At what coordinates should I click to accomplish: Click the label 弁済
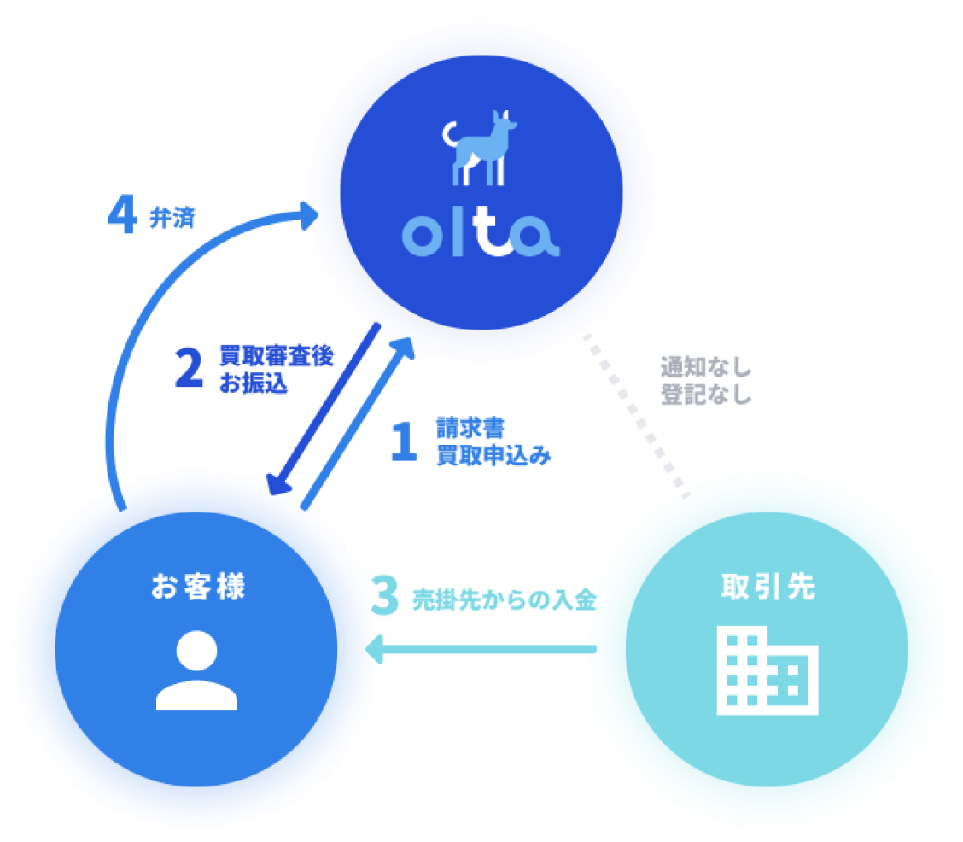[x=172, y=218]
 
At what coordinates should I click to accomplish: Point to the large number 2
[x=189, y=368]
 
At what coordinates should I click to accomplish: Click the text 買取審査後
[x=277, y=355]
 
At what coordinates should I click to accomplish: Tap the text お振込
[x=253, y=383]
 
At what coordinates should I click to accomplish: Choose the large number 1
[x=404, y=441]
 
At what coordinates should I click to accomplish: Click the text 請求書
[x=470, y=428]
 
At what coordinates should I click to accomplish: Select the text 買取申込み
[x=493, y=455]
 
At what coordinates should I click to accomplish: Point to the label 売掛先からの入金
[x=504, y=599]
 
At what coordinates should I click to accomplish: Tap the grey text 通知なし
[x=706, y=367]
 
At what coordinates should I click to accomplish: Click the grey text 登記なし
[x=706, y=395]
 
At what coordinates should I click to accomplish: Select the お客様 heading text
[x=198, y=586]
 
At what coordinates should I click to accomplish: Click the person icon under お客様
[x=196, y=670]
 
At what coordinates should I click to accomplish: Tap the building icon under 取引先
[x=767, y=670]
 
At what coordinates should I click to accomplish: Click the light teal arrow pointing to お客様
[x=481, y=649]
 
